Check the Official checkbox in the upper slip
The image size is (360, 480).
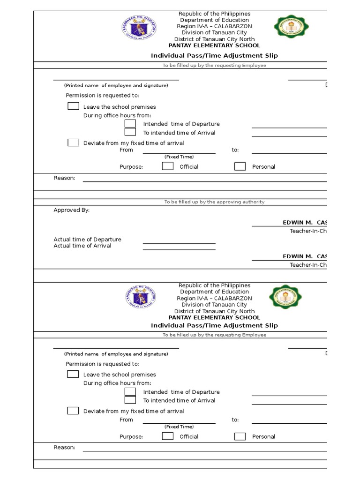[x=167, y=166]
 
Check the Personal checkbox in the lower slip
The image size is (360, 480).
[x=240, y=436]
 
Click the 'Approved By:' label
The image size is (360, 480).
[x=71, y=210]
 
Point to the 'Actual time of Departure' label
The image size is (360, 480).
[x=87, y=240]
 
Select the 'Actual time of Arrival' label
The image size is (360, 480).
[x=82, y=246]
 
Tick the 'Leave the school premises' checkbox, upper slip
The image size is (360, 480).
[x=73, y=106]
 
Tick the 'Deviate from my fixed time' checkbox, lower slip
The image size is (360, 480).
[x=73, y=411]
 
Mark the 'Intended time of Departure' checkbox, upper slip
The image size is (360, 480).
[x=130, y=124]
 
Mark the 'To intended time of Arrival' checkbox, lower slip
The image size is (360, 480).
[x=130, y=400]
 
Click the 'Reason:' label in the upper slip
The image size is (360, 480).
[x=64, y=178]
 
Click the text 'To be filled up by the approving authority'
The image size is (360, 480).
[x=214, y=202]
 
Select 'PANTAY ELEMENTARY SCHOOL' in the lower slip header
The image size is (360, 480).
[x=214, y=317]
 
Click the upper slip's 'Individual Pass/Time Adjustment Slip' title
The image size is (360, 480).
[x=214, y=55]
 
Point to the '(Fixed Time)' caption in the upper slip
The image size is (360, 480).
[x=179, y=157]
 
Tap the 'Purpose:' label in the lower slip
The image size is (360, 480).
[x=131, y=436]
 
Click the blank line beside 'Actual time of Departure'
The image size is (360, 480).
[x=179, y=242]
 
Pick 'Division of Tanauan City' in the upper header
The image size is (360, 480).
[x=214, y=33]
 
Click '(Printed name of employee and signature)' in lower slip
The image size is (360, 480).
[x=116, y=354]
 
